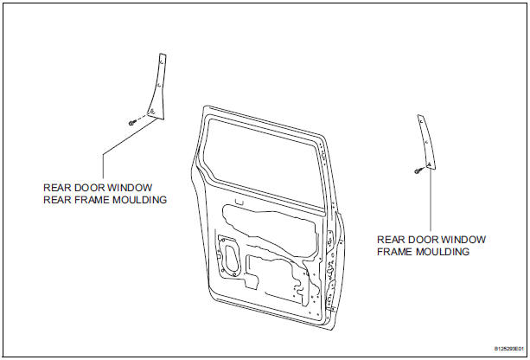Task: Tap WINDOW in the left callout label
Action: [131, 186]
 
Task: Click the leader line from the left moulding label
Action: [104, 164]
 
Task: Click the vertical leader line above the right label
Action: [430, 199]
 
